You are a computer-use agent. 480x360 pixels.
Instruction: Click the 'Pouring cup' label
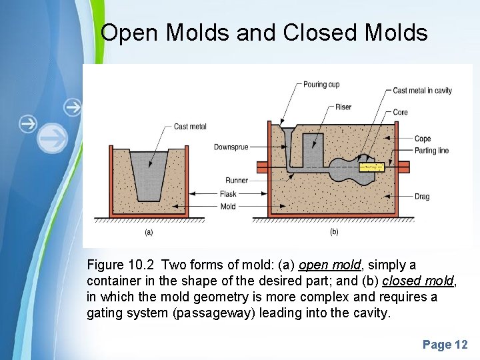click(321, 85)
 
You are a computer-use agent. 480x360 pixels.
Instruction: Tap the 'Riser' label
click(343, 107)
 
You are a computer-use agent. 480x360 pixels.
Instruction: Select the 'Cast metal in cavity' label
click(423, 91)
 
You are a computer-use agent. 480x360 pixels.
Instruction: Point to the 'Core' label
click(400, 112)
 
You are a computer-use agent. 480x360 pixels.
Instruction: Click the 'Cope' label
click(423, 139)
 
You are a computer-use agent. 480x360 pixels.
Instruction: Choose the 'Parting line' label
click(431, 150)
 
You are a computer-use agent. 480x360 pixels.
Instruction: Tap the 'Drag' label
click(422, 197)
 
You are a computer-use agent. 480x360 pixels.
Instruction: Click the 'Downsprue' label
click(231, 147)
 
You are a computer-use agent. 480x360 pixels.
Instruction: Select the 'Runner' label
click(237, 180)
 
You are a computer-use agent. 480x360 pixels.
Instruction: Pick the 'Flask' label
click(228, 194)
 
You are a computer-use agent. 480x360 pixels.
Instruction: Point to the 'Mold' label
click(228, 207)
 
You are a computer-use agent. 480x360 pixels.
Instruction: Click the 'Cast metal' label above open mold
click(190, 127)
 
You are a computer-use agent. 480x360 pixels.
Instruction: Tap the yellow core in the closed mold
click(372, 167)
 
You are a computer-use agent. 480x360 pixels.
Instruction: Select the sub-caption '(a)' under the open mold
click(149, 232)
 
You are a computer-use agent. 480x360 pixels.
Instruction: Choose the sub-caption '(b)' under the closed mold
click(334, 232)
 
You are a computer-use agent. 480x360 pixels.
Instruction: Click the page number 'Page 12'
click(445, 345)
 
